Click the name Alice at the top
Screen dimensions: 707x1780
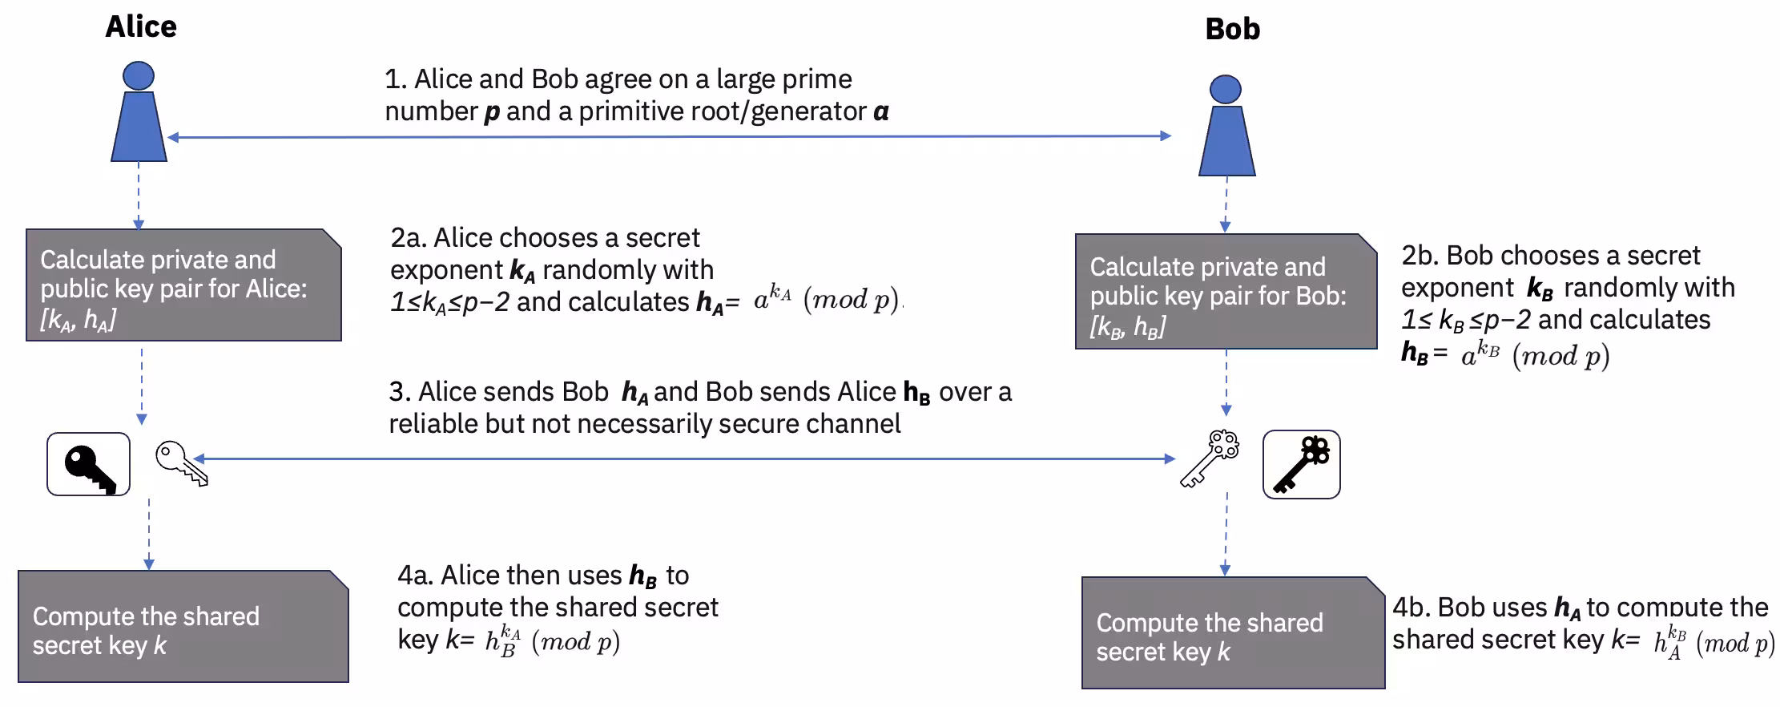point(141,26)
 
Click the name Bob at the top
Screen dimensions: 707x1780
point(1232,30)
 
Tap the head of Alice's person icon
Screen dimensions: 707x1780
point(139,75)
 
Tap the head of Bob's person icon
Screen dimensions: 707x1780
point(1225,89)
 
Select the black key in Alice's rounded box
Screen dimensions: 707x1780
point(89,466)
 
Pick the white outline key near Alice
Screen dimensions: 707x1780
point(181,463)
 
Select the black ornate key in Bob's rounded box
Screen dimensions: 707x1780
point(1301,464)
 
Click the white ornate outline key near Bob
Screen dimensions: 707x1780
point(1210,459)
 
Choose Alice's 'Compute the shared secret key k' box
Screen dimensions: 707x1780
point(183,628)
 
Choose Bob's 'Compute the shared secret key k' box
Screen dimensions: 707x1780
point(1232,634)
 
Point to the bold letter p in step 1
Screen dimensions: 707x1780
point(492,112)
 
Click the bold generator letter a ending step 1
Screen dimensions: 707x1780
point(880,111)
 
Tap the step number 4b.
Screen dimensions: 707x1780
point(1411,608)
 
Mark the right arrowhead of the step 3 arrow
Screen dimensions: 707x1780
point(1170,459)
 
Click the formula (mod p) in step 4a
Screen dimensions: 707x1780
point(575,641)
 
